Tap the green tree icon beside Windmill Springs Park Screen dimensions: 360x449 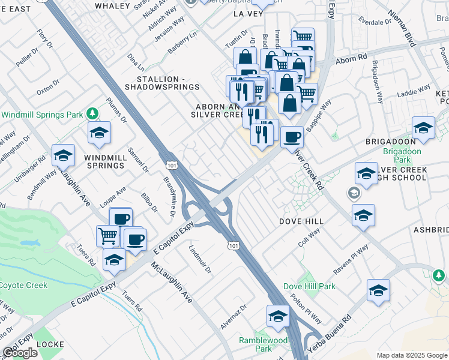point(92,113)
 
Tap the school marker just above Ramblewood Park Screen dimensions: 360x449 point(278,317)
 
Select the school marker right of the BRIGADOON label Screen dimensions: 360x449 point(423,128)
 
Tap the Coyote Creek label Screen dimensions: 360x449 point(23,285)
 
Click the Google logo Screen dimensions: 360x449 point(20,353)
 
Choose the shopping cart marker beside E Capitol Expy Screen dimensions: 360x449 point(107,235)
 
